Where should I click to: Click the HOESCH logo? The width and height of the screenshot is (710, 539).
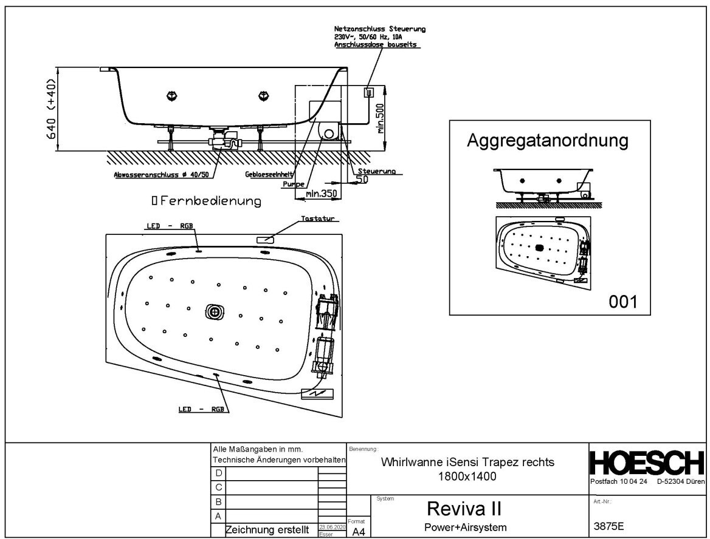[647, 464]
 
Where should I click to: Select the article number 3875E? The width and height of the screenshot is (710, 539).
[610, 526]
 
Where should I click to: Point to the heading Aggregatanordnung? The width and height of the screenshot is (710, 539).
[547, 141]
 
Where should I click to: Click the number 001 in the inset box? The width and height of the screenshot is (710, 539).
[622, 300]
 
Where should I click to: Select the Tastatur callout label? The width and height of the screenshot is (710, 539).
[319, 218]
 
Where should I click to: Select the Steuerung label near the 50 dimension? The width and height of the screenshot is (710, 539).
[377, 171]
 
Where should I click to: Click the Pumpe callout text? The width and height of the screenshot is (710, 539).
[292, 183]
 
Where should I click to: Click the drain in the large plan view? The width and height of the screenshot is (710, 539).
[215, 311]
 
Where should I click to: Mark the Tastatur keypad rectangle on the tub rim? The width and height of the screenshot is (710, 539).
[266, 240]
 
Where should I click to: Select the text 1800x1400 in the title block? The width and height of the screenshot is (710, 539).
[467, 476]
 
